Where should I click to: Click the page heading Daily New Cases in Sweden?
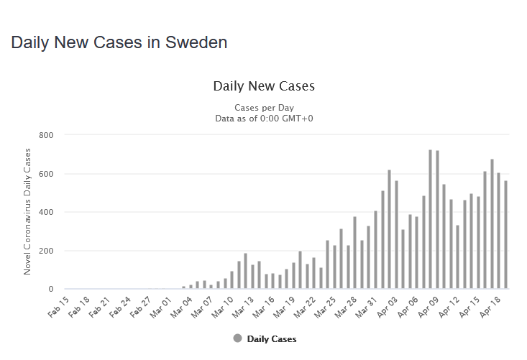pyautogui.click(x=119, y=42)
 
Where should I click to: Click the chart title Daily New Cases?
pyautogui.click(x=264, y=86)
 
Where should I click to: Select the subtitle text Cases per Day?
pyautogui.click(x=264, y=108)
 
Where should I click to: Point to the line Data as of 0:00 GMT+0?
pyautogui.click(x=264, y=118)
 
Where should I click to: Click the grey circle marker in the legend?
pyautogui.click(x=237, y=338)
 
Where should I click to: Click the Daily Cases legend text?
pyautogui.click(x=272, y=338)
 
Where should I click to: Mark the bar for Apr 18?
pyautogui.click(x=498, y=231)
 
